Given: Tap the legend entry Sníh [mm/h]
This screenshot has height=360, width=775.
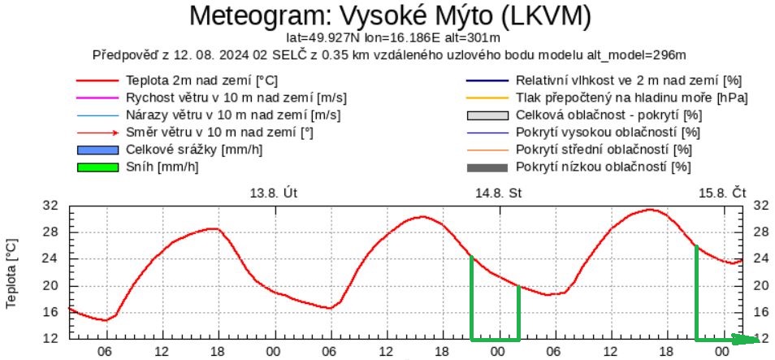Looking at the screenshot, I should click(x=162, y=167).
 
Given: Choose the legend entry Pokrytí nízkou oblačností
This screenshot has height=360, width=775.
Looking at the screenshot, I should click(x=603, y=167).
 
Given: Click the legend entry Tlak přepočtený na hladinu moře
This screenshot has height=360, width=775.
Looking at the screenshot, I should click(x=631, y=98).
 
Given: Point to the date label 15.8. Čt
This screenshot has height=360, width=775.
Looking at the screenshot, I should click(x=722, y=193).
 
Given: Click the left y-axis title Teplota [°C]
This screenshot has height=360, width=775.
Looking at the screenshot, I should click(x=12, y=272).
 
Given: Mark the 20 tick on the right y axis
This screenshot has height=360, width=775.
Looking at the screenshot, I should click(x=762, y=285).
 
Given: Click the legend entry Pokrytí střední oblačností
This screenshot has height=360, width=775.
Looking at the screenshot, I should click(x=604, y=150).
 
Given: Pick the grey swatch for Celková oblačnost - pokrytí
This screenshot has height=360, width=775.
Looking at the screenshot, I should click(x=487, y=115).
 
